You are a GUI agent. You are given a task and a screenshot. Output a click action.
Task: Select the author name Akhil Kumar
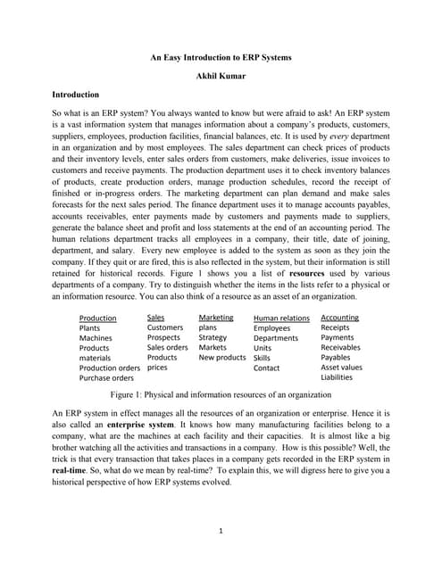point(221,77)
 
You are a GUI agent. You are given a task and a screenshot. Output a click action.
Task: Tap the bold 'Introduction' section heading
point(76,94)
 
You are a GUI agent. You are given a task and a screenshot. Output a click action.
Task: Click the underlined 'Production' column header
point(97,319)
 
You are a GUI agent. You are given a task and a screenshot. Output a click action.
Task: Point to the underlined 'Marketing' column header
point(215,318)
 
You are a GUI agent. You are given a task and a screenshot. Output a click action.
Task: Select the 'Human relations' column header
point(281,319)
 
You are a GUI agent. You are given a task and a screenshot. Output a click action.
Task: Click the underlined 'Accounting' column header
point(339,318)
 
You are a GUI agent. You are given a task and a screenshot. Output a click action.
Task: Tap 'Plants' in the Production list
point(89,328)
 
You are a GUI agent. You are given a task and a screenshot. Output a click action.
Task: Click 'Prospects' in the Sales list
point(163,338)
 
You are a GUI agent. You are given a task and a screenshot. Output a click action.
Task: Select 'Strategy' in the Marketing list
point(213,338)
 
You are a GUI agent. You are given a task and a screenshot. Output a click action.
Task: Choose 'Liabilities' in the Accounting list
point(337,377)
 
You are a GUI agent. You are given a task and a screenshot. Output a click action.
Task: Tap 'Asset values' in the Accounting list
point(341,368)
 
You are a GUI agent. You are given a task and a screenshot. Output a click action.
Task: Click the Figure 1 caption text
point(221,393)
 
